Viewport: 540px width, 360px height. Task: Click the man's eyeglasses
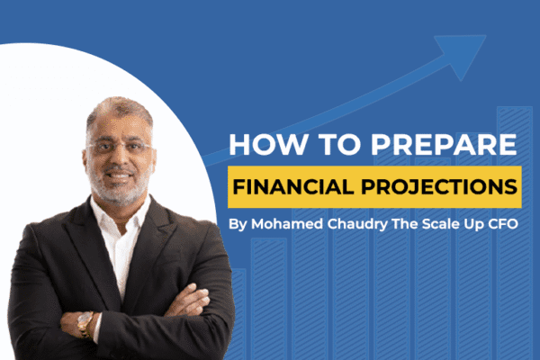pyautogui.click(x=122, y=147)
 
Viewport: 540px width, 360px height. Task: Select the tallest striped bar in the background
pyautogui.click(x=514, y=234)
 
